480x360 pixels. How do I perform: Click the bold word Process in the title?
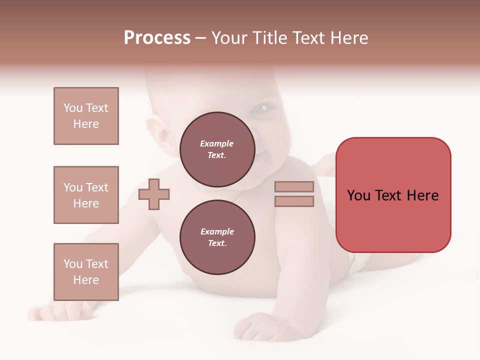pos(157,38)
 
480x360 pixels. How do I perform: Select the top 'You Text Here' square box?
pos(86,116)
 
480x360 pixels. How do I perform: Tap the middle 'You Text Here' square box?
pos(86,195)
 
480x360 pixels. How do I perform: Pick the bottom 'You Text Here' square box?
pos(86,272)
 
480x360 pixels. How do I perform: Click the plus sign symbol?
pos(154,194)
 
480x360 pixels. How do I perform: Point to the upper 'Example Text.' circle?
pos(217,149)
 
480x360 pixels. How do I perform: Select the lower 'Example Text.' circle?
pos(217,237)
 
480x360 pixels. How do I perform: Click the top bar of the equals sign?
pos(294,187)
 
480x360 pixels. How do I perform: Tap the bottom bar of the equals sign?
pos(294,201)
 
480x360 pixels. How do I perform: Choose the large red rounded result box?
pos(393,195)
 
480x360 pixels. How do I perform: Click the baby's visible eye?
pos(262,107)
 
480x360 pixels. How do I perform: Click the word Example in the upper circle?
pos(217,144)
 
